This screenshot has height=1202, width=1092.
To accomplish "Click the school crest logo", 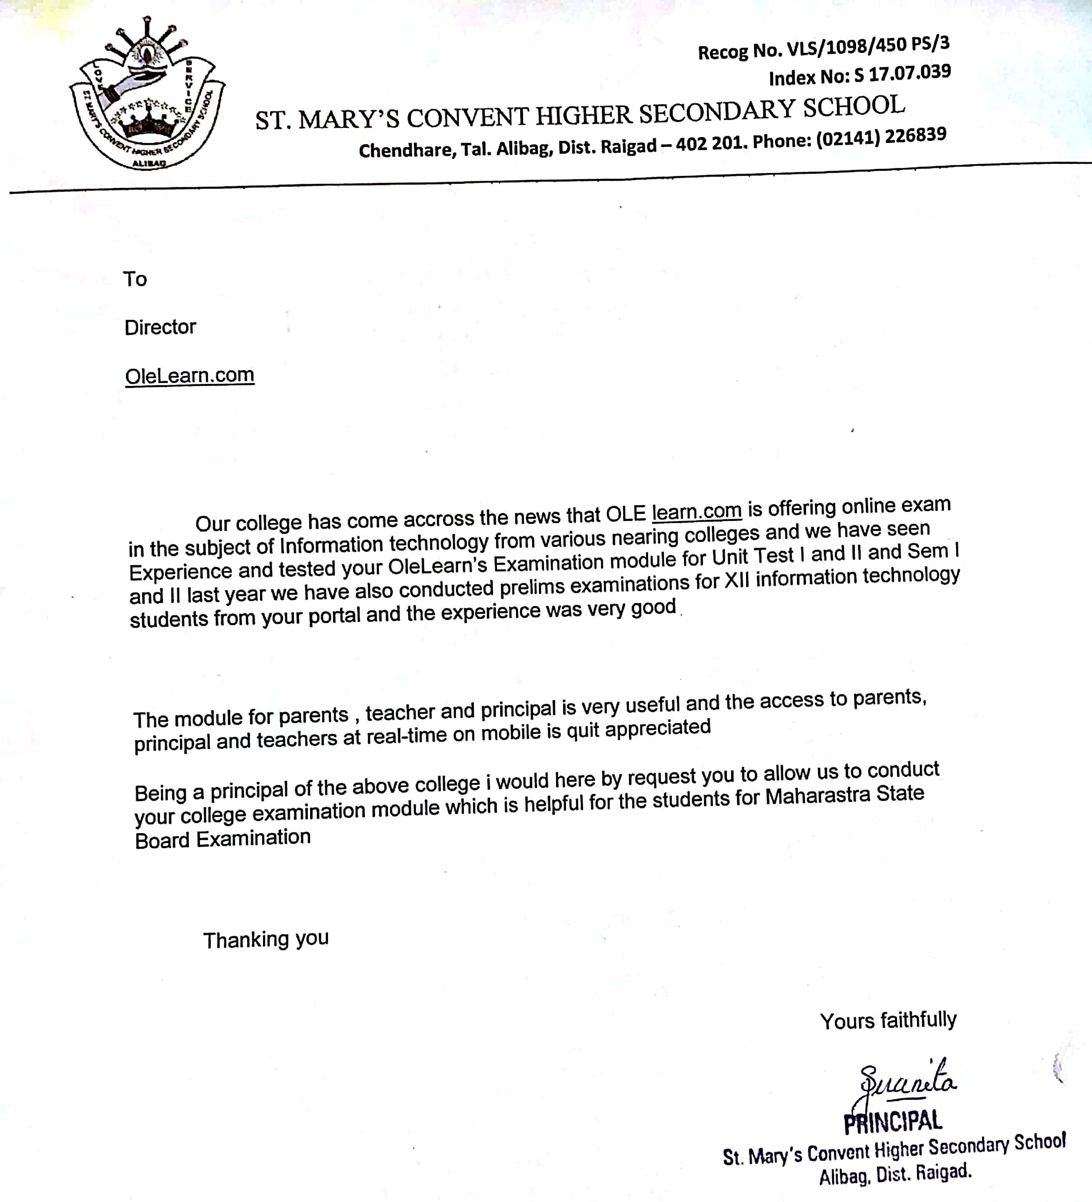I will click(146, 95).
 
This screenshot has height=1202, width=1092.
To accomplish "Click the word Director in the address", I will click(160, 327).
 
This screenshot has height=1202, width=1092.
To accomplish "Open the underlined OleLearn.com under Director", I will click(190, 375).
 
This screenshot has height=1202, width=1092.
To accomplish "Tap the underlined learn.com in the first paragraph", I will click(696, 511).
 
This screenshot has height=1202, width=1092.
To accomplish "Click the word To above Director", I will click(135, 279).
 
